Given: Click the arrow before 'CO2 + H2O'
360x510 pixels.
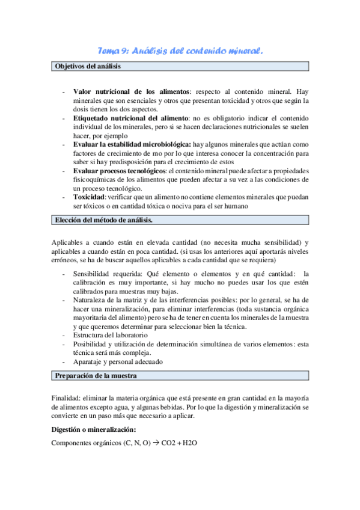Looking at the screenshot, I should pyautogui.click(x=154, y=443).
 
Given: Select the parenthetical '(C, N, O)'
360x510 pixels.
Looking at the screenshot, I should pyautogui.click(x=136, y=443).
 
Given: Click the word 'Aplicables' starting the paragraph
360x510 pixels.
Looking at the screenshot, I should pyautogui.click(x=69, y=242).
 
